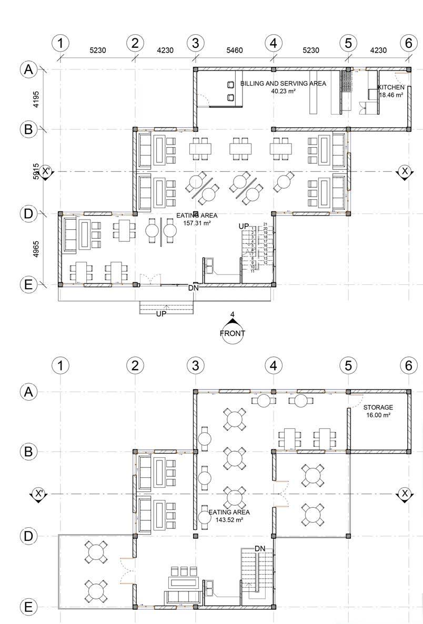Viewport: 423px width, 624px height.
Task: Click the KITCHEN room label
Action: coord(391,87)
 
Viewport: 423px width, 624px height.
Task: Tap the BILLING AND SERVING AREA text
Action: coord(283,84)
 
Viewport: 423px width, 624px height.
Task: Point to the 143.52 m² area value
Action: coord(229,519)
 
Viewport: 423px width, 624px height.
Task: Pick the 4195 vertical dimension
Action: coord(35,99)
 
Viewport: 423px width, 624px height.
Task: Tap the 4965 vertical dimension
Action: coord(35,249)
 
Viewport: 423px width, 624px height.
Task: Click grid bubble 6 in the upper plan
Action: coord(408,43)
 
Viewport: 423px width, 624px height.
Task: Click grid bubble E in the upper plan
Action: coord(28,284)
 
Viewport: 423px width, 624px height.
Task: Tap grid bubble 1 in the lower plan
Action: coord(61,365)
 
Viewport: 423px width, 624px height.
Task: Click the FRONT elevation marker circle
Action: coord(232,333)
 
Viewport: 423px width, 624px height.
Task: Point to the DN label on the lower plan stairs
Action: coord(260,548)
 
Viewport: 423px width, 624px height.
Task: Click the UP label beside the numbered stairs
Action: coord(244,226)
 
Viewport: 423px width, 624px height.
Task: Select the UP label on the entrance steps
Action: coord(162,314)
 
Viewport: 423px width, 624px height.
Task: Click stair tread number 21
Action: coord(266,224)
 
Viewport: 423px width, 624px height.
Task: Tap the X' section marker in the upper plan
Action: coord(45,171)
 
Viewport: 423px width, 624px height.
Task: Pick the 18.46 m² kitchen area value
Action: coord(391,95)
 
